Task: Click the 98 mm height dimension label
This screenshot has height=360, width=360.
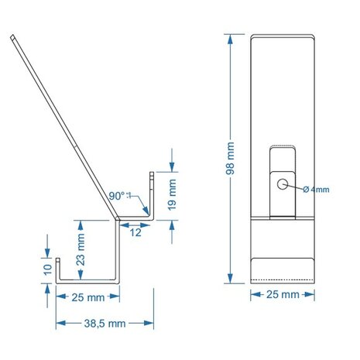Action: pyautogui.click(x=230, y=159)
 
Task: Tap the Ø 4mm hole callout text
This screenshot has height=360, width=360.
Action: pyautogui.click(x=316, y=190)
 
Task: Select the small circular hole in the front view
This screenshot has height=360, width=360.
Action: pyautogui.click(x=283, y=184)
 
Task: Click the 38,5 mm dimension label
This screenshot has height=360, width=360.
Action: pyautogui.click(x=105, y=324)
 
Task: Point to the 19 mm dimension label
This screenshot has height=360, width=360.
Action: pyautogui.click(x=172, y=195)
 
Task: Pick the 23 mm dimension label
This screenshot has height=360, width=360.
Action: pyautogui.click(x=81, y=249)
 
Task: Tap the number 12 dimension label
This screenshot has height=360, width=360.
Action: pyautogui.click(x=135, y=232)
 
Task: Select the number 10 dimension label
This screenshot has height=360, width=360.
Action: pyautogui.click(x=48, y=270)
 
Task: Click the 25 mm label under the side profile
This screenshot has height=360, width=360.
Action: pyautogui.click(x=88, y=297)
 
